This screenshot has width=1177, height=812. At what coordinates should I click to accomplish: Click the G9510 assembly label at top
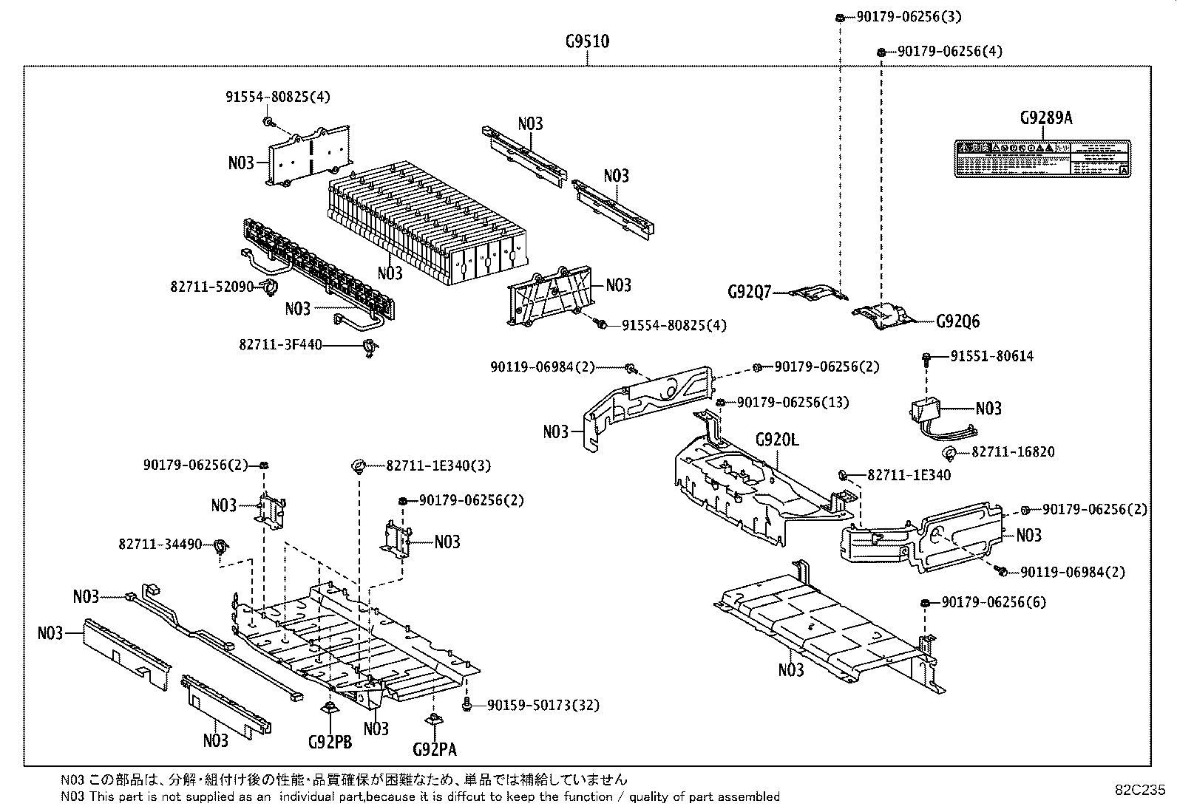click(x=587, y=41)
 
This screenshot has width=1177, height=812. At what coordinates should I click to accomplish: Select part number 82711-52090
click(x=211, y=286)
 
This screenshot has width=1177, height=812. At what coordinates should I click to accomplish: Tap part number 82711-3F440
click(x=280, y=344)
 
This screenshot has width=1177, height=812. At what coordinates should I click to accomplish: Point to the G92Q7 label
click(x=749, y=293)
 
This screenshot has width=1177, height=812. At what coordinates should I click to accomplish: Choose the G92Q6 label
click(x=957, y=321)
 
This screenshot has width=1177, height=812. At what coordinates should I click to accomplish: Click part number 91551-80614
click(x=991, y=356)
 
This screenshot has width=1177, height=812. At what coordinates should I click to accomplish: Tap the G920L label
click(x=777, y=441)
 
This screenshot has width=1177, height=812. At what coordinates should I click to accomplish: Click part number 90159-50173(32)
click(x=543, y=706)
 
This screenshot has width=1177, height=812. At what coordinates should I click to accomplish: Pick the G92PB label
click(x=330, y=742)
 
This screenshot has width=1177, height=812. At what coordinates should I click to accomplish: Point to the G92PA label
click(x=435, y=750)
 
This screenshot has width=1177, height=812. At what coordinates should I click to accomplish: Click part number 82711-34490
click(x=160, y=544)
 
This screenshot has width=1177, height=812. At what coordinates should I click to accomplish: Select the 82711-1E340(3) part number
click(x=438, y=465)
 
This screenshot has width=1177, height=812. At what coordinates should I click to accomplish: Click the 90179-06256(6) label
click(x=994, y=602)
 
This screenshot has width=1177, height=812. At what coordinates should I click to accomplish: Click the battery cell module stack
click(x=429, y=222)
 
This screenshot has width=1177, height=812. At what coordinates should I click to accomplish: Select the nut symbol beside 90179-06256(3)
click(x=841, y=17)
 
